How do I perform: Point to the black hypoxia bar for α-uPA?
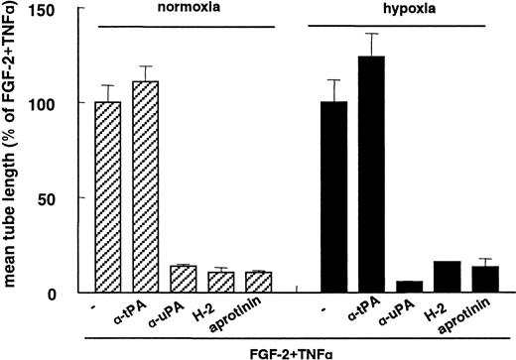click(405, 288)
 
